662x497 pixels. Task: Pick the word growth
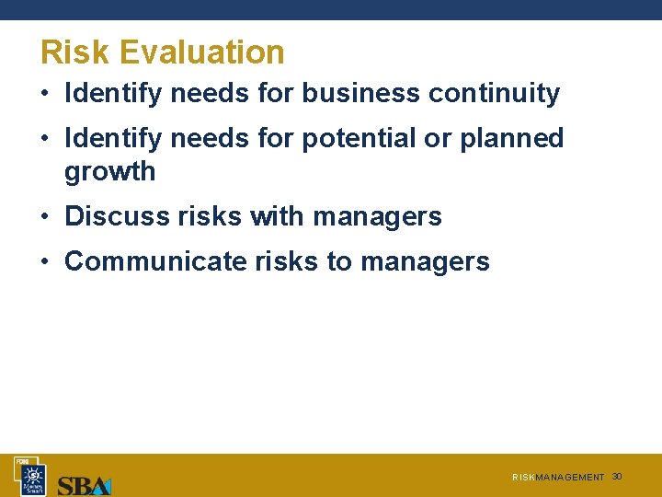click(x=109, y=172)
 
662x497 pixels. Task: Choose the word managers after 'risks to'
click(x=425, y=261)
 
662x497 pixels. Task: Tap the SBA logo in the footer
click(x=84, y=485)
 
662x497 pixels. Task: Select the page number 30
click(x=617, y=477)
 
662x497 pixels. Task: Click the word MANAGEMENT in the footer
click(x=570, y=478)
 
